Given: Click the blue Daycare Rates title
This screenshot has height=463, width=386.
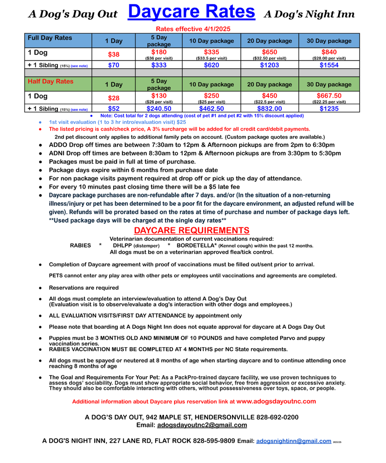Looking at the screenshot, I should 191,12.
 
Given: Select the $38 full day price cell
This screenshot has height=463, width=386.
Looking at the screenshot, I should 113,54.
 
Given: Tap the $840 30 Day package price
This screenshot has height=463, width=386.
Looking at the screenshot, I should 329,52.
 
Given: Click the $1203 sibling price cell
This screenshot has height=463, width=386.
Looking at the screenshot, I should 269,65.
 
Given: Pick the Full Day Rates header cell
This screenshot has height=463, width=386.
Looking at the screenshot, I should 49,38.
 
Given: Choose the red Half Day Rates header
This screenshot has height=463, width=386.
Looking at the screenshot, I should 50,82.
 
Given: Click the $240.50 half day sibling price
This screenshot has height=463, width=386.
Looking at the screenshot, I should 159,109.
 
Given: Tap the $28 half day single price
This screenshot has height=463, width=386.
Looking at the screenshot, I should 113,98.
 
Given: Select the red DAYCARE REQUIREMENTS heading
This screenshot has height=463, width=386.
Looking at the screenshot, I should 191,230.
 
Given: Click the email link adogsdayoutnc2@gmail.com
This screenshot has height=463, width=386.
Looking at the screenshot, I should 202,425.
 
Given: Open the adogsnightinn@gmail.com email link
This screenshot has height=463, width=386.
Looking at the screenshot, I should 294,441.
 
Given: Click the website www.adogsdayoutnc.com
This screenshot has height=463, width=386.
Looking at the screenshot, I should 276,401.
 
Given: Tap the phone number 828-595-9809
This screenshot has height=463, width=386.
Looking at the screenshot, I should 214,441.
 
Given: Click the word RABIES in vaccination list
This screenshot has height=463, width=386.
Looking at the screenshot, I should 80,246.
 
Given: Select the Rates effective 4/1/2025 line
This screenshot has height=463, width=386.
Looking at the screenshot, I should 193,29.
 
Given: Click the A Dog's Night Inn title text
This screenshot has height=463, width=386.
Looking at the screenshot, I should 309,14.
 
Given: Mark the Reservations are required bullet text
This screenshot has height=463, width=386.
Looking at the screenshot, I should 84,288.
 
